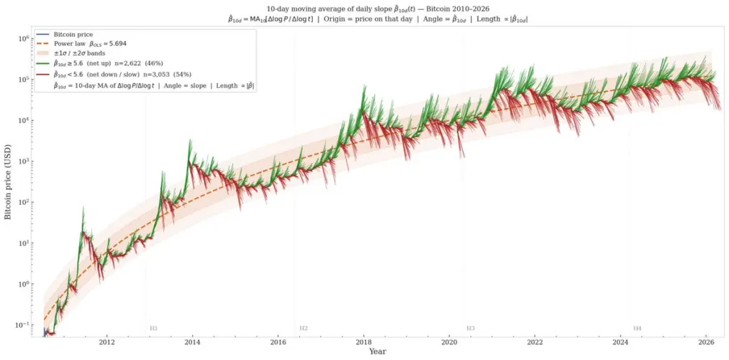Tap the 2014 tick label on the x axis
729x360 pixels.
[192, 342]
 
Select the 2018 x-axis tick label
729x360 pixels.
[364, 342]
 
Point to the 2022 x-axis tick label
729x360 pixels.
[535, 342]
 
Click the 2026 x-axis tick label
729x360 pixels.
[706, 342]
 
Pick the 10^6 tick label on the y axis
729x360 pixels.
[23, 38]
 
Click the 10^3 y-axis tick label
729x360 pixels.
[23, 162]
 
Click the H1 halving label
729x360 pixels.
[153, 329]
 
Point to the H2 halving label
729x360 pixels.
[303, 329]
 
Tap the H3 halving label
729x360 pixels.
[471, 329]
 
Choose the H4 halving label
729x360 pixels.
[637, 329]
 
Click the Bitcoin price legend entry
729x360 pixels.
[74, 34]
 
